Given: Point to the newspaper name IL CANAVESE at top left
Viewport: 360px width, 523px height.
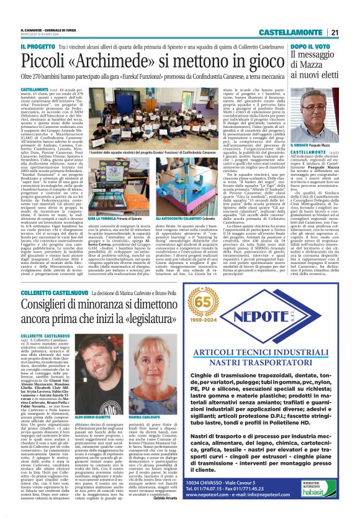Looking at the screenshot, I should point(32,30).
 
